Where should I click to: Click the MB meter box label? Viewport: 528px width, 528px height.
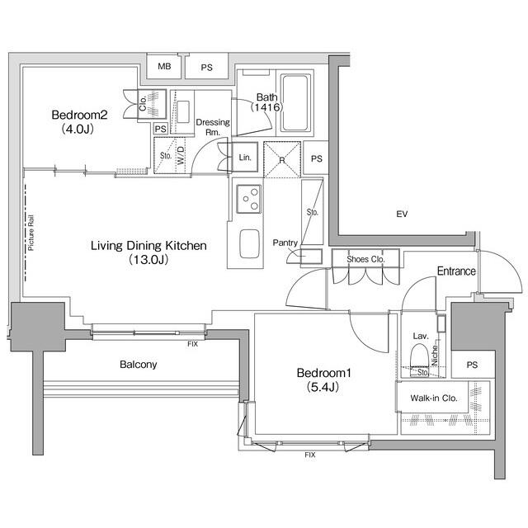pos(164,66)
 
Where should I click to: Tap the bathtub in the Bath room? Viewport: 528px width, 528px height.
pos(295,102)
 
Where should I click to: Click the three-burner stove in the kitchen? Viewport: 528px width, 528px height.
pos(249,199)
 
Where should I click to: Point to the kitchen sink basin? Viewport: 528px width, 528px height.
pos(249,244)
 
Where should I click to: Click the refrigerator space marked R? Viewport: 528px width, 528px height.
pos(282,159)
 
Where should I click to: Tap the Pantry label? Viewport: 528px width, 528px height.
pos(285,243)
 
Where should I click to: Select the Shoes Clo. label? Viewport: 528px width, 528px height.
pos(365,259)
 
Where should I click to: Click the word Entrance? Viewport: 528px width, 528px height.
pos(456,271)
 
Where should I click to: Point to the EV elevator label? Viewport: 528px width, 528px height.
pos(402,214)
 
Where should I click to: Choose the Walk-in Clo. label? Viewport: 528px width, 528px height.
pos(434,398)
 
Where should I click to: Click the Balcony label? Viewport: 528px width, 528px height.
pos(139,365)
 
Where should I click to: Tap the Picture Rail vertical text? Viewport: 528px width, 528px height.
pos(31,233)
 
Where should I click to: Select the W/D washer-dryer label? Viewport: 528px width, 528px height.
pos(181,156)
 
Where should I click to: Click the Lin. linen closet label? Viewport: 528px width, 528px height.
pos(245,158)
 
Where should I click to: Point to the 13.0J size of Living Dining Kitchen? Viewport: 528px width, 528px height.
pos(148,260)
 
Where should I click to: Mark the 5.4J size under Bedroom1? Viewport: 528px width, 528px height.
pos(323,387)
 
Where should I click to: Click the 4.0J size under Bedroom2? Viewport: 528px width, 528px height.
pos(78,129)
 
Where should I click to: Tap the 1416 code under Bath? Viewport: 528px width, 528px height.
pos(266,107)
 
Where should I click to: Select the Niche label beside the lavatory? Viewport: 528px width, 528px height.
pos(435,356)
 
